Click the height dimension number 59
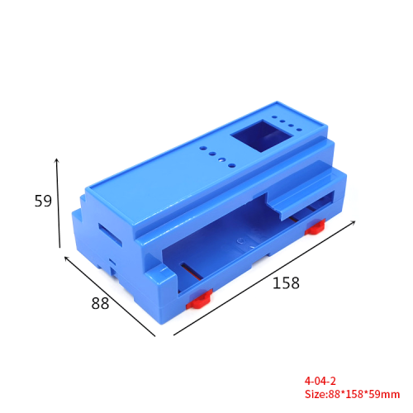tap(44, 200)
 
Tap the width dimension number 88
tap(100, 303)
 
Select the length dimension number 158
tap(285, 283)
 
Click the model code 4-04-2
tap(320, 382)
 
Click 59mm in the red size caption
tap(384, 394)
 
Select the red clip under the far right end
tap(315, 226)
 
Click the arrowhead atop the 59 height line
tap(57, 159)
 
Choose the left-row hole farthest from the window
tap(204, 146)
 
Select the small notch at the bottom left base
tap(112, 266)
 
